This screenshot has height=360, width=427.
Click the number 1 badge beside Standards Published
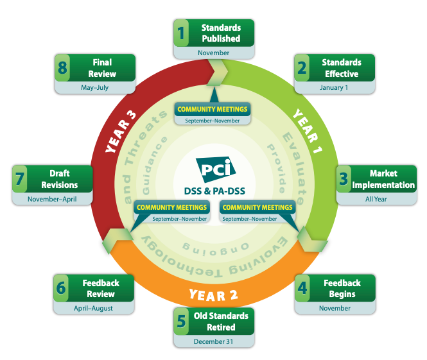pos(183,33)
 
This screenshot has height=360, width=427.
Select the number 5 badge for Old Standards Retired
pos(183,321)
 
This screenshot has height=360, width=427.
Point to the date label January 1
pos(333,87)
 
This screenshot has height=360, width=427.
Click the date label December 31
pos(214,341)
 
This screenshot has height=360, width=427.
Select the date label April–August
pos(92,308)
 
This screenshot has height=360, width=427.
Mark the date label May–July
pos(94,87)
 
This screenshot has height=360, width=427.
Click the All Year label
pos(376,199)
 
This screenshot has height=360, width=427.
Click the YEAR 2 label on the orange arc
pos(214,296)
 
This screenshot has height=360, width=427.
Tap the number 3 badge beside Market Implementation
pos(345,179)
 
